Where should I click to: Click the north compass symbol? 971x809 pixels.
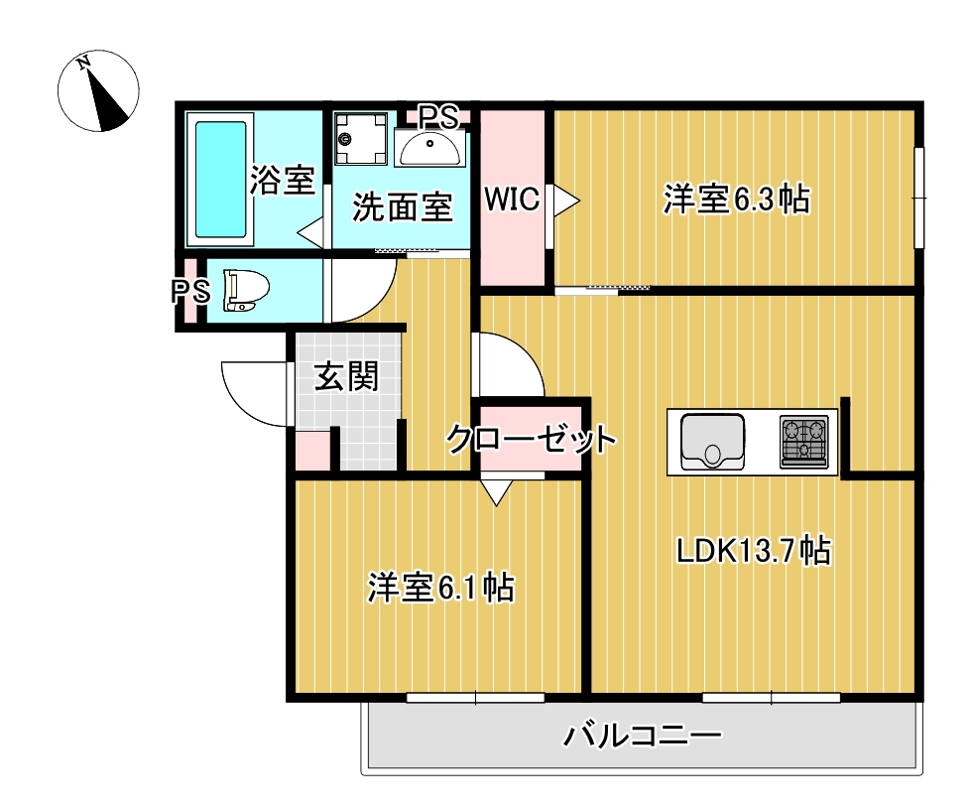(98, 91)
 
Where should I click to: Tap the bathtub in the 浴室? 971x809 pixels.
(220, 180)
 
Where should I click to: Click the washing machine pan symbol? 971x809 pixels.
(360, 139)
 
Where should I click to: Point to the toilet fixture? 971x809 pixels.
(246, 290)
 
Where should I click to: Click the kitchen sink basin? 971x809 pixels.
(712, 442)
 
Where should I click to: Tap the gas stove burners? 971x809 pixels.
(804, 441)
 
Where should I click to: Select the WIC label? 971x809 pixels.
(512, 199)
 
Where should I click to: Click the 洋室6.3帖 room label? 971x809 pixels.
(736, 199)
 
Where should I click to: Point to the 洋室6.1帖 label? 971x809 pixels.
(441, 587)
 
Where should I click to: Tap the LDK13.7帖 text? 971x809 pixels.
(753, 549)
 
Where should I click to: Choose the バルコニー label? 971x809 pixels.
(642, 736)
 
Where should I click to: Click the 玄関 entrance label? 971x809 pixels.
(346, 376)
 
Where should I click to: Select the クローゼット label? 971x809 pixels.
(532, 439)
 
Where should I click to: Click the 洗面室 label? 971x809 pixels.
(403, 207)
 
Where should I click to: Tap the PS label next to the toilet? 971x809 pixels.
(190, 292)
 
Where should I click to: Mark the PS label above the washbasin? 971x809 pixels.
(438, 116)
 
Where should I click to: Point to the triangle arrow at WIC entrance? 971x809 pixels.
(565, 201)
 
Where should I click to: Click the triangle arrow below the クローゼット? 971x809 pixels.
(496, 491)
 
